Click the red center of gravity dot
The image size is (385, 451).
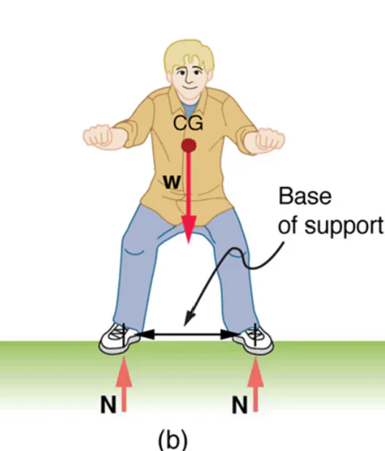(x=189, y=145)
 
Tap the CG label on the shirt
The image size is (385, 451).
(x=188, y=123)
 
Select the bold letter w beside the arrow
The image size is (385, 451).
(x=172, y=182)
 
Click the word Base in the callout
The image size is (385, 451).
(x=305, y=196)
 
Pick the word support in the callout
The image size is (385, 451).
(x=343, y=226)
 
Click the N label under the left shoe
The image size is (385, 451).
(x=109, y=404)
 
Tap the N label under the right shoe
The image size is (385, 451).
(x=240, y=404)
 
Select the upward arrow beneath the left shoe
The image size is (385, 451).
(x=124, y=385)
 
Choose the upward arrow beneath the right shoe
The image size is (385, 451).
(x=255, y=385)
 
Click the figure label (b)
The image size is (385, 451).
(x=173, y=439)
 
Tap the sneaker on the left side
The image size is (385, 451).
(x=120, y=339)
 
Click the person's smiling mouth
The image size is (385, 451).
(x=189, y=85)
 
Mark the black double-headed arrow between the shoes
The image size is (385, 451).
(x=189, y=334)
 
